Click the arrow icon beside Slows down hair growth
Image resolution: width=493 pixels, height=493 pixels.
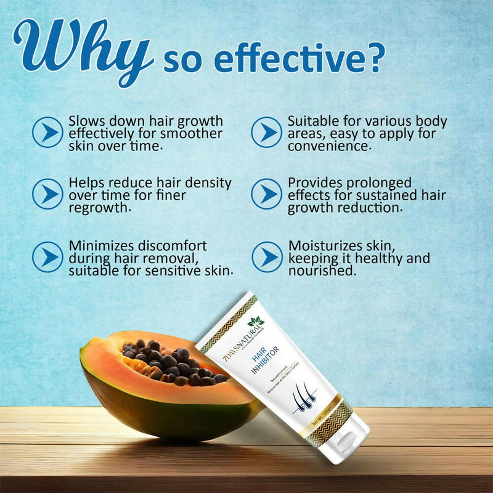47,131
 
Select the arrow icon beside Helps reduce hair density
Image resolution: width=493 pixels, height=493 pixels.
47,194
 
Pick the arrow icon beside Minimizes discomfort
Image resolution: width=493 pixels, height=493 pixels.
47,256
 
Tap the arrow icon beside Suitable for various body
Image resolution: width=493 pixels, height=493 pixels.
266,131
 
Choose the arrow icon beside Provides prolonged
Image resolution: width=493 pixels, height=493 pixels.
266,194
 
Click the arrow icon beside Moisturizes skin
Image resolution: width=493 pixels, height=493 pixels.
266,256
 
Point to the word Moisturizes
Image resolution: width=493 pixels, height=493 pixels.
326,245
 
